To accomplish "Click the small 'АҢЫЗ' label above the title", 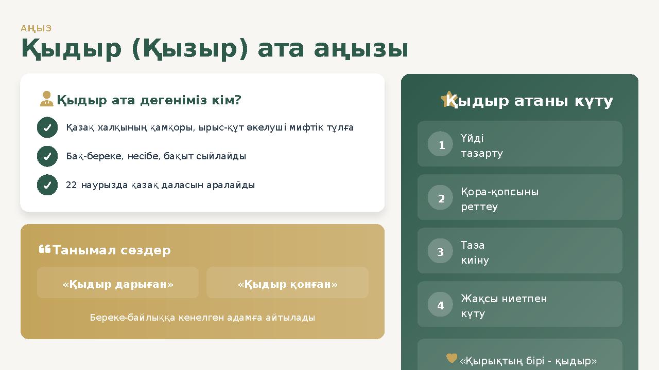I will (36, 28).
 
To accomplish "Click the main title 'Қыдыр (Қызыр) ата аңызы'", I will (215, 49).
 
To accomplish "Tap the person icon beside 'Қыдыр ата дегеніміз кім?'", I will (47, 99).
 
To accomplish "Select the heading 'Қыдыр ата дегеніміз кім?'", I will (149, 100).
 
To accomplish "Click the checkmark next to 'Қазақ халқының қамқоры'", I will (47, 127).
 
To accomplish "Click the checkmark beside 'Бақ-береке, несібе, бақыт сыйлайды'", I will (47, 156).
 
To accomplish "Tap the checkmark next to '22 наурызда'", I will (47, 185).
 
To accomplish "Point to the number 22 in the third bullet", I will (72, 185).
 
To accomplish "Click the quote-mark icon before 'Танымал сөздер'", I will (44, 250).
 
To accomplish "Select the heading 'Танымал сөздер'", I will (112, 250).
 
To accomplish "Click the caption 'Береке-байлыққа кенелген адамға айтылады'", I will (202, 318).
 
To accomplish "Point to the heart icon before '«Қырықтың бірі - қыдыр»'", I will (452, 358).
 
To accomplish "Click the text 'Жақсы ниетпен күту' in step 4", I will (504, 306).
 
